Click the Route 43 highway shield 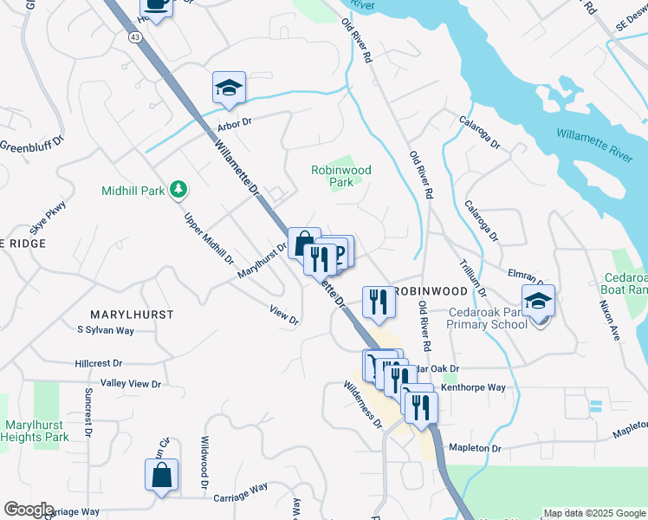click(134, 37)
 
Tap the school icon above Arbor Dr click(230, 88)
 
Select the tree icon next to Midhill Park click(178, 188)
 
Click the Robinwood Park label click(341, 177)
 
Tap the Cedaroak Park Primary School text click(486, 318)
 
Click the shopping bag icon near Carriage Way click(161, 475)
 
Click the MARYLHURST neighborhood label click(132, 314)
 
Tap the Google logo click(29, 510)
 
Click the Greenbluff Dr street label click(32, 145)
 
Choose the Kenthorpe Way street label click(473, 387)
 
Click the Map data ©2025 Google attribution click(594, 513)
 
